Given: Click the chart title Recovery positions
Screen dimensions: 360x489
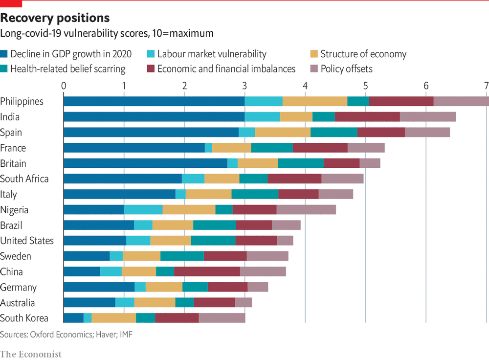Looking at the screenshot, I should [55, 19].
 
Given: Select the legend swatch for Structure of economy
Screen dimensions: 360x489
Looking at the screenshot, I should [314, 54].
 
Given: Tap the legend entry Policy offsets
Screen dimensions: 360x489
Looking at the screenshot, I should [346, 69].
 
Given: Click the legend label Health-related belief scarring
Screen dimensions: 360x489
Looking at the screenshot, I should [68, 69].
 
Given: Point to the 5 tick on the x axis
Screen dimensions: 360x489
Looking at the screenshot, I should [366, 85].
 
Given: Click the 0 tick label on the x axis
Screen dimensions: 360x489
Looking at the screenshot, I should [64, 85].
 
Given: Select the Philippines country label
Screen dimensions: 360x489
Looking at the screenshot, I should [22, 101].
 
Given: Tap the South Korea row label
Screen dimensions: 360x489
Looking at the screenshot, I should [24, 318].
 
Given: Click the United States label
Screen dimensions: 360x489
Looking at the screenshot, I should [27, 241].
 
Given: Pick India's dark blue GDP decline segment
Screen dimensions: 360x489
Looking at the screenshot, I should [154, 117].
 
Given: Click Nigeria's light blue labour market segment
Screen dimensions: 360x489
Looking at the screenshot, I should [143, 210].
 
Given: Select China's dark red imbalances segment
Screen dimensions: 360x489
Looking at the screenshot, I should [207, 272].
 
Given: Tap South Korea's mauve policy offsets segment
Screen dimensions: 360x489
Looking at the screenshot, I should [222, 318].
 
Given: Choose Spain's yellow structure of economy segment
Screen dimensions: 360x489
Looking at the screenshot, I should [283, 133].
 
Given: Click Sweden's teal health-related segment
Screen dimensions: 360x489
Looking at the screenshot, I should [182, 256].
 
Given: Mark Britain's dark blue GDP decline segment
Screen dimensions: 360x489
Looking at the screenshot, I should [145, 163].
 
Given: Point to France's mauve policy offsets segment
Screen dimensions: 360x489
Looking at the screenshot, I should [366, 148].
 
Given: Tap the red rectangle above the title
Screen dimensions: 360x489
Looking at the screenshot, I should [11, 3].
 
